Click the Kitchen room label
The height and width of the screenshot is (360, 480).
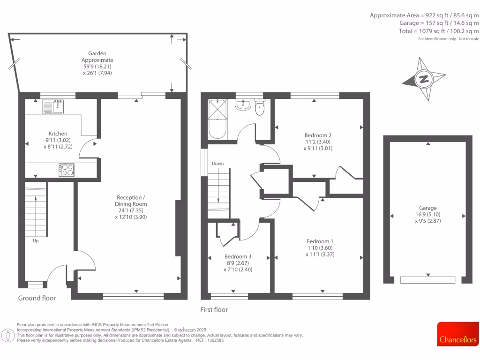(x=58, y=134)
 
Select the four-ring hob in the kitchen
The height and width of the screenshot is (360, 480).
(x=67, y=169)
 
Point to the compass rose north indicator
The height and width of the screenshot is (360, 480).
(x=424, y=79)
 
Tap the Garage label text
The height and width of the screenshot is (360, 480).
(x=427, y=208)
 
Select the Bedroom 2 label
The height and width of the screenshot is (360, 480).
(x=318, y=135)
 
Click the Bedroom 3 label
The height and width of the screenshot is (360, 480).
(x=238, y=256)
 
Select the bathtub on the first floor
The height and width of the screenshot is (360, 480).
(x=217, y=120)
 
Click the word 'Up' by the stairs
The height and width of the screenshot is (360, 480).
(x=36, y=241)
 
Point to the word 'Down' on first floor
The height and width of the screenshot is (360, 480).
(x=217, y=164)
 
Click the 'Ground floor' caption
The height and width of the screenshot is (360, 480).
(x=37, y=298)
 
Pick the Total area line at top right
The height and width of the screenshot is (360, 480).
(x=432, y=31)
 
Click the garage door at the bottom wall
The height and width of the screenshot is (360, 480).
(x=427, y=280)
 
